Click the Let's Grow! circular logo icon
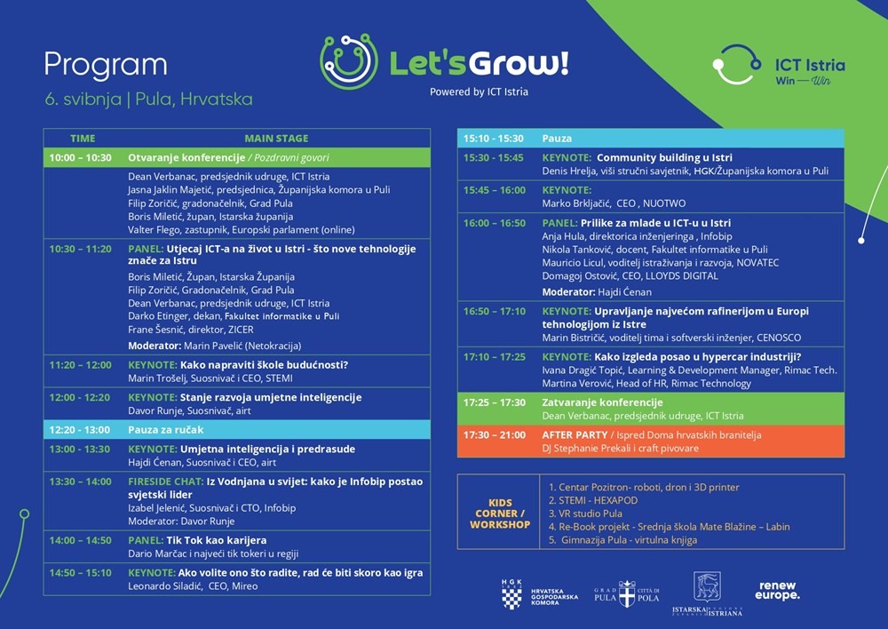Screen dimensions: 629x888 tap(349, 61)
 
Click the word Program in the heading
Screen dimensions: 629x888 tap(105, 64)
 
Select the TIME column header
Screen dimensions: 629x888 tap(83, 139)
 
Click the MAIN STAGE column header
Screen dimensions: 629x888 tap(276, 139)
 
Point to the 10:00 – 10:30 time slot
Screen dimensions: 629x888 tap(80, 157)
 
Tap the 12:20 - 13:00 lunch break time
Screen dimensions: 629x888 tap(80, 430)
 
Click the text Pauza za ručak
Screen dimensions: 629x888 tap(165, 430)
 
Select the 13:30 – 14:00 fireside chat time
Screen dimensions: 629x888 tap(80, 482)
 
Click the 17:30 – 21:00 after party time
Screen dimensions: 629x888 tap(495, 435)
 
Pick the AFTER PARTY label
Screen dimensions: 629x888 tap(574, 435)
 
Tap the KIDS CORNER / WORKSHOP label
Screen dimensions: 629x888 tap(500, 514)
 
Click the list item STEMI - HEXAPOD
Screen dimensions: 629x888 tap(593, 500)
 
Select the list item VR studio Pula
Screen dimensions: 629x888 tap(588, 514)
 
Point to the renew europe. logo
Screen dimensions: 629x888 tap(777, 591)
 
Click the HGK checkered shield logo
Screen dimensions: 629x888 tap(511, 593)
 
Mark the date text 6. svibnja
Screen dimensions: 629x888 tap(83, 99)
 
